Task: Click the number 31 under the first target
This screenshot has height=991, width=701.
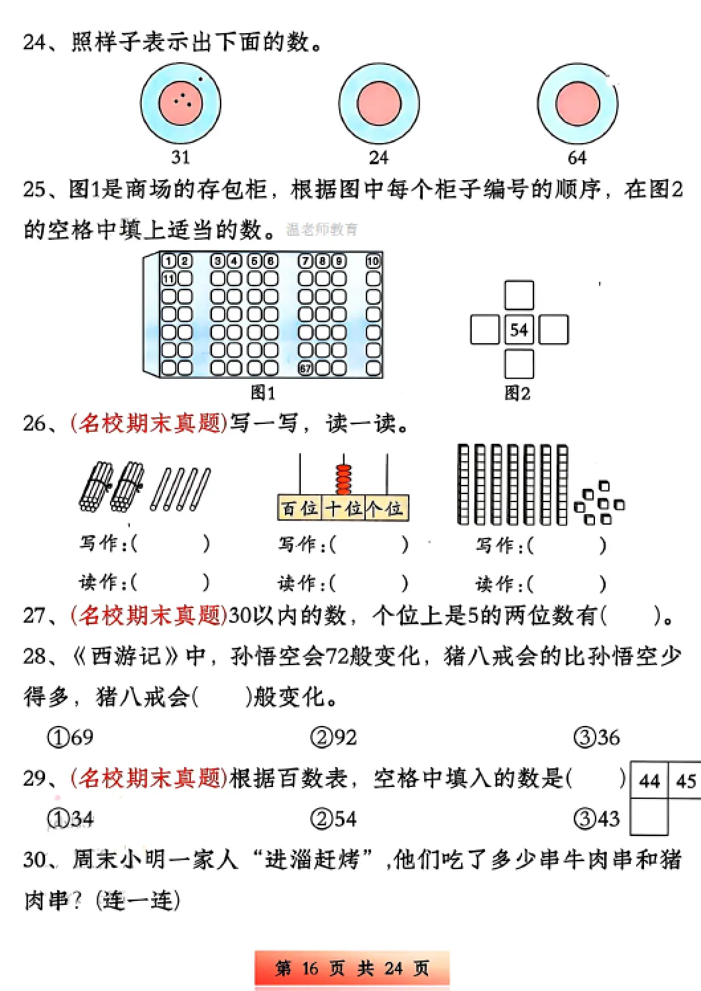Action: coord(180,158)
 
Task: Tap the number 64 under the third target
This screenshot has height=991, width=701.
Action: coord(576,158)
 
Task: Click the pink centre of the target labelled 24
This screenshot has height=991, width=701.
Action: coord(379,104)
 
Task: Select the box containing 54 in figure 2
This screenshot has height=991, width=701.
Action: coord(519,329)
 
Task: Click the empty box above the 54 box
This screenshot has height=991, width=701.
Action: coord(519,295)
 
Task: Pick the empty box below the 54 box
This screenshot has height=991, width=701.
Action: coord(519,364)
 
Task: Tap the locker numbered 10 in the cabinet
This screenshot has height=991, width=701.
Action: coord(374,261)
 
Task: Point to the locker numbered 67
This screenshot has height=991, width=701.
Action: coord(305,368)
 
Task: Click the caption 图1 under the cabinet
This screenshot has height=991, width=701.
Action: coord(263,393)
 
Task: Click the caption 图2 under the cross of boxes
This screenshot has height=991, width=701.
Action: coord(517,393)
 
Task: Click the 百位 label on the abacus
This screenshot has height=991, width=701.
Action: coord(299,509)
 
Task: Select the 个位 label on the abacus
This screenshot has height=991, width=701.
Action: coord(386,509)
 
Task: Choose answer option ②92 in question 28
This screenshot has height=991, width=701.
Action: coord(334,737)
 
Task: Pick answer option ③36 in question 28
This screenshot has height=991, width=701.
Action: coord(597,737)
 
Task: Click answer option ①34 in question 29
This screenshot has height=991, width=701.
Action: coord(71,819)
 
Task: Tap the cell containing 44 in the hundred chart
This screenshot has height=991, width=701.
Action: coord(649,781)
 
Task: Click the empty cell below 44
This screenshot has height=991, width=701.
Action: coord(649,817)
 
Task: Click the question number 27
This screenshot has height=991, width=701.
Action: coord(34,615)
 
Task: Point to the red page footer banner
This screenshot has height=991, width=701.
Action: coord(352,968)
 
